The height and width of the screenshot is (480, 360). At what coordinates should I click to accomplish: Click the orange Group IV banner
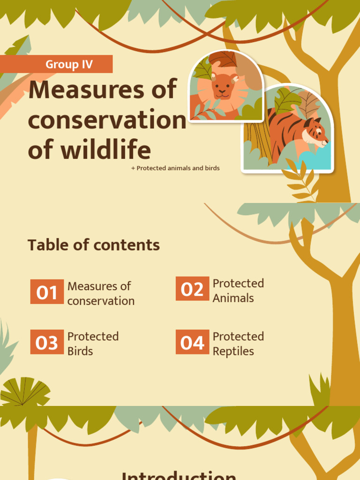(56, 64)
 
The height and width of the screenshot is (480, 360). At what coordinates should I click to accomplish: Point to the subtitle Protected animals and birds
(176, 168)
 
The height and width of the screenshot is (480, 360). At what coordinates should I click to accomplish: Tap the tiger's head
(315, 132)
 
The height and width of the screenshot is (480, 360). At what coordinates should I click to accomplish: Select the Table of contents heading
(94, 245)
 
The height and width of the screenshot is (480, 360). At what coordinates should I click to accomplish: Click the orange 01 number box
(47, 292)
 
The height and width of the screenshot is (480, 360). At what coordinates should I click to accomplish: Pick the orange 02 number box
(192, 289)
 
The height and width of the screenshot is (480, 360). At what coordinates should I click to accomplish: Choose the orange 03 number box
(47, 343)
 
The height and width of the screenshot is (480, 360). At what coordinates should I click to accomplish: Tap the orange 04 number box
(192, 343)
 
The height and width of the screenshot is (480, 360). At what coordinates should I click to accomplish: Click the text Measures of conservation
(101, 293)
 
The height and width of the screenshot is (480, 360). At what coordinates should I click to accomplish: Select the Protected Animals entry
(238, 291)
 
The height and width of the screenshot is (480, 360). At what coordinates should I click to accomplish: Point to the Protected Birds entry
(93, 344)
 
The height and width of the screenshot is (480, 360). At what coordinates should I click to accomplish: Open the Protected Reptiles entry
(238, 344)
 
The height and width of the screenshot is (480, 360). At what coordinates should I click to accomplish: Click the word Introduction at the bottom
(179, 474)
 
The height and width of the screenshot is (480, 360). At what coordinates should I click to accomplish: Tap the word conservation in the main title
(107, 120)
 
